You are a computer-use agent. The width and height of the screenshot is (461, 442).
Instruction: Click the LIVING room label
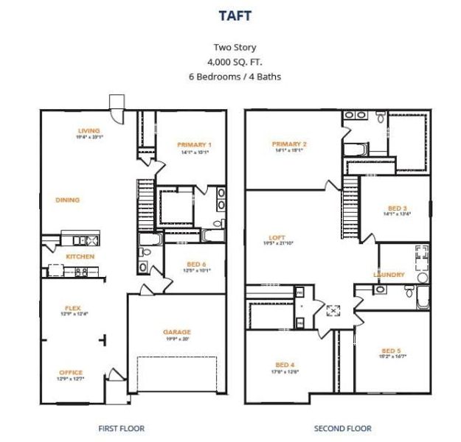coord(89,131)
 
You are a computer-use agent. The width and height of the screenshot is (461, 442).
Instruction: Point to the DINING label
coord(67,200)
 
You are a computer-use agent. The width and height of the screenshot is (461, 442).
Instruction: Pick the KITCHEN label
coord(80,256)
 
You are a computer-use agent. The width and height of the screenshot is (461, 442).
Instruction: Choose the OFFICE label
coord(70,373)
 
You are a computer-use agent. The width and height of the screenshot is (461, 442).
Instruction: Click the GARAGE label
coord(176,332)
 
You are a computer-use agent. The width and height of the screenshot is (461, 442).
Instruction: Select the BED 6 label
coord(195,264)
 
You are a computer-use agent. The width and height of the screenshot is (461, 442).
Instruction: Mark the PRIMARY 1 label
coord(195,145)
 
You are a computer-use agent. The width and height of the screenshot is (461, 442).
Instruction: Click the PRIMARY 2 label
coord(288,144)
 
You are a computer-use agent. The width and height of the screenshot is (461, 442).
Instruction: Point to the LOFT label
coord(277,237)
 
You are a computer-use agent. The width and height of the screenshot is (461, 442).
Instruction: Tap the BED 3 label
coord(397,208)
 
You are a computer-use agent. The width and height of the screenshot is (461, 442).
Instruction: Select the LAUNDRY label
coord(389,275)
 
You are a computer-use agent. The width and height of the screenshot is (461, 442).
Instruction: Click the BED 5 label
coord(392,351)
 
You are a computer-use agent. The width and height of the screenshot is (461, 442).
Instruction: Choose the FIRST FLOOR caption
coord(121,428)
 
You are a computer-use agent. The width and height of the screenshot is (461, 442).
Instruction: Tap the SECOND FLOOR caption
coord(342,428)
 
